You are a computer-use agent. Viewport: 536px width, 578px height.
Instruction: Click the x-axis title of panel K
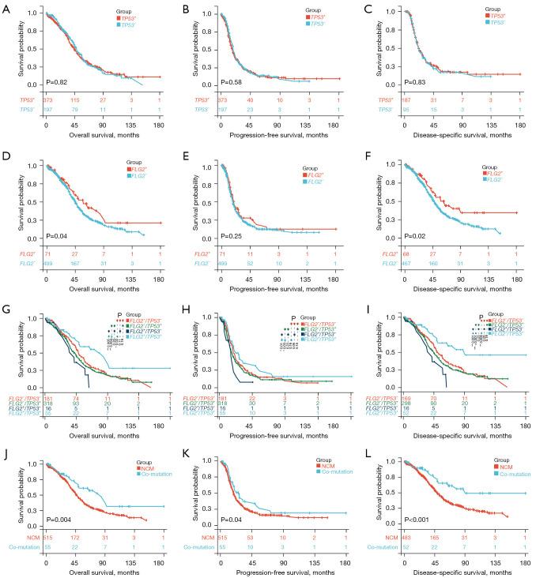pyautogui.click(x=274, y=572)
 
